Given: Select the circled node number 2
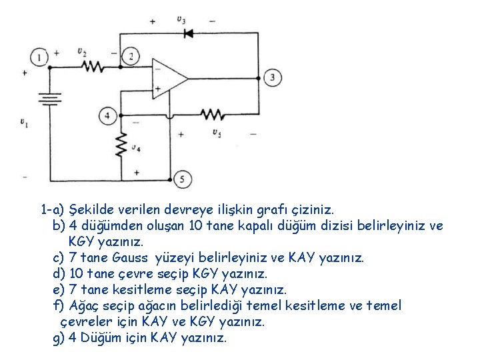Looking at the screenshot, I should [x=131, y=57].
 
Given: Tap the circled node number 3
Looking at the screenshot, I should [x=272, y=78].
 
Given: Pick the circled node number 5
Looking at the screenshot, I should [x=181, y=179].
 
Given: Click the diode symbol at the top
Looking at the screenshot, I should [x=187, y=32].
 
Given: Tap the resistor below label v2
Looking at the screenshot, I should [x=91, y=66].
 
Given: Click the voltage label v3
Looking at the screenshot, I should [x=181, y=20].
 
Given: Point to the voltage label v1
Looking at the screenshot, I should [x=23, y=122].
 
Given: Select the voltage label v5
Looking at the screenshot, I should [x=217, y=133].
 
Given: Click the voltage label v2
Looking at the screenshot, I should [x=81, y=51].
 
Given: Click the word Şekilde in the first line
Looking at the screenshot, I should [x=91, y=210].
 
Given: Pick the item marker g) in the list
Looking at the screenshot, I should [x=59, y=338].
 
